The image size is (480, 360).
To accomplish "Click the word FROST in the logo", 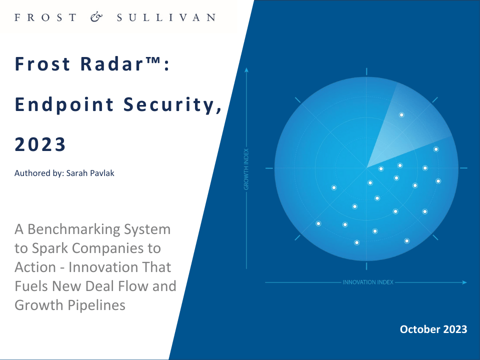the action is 45,17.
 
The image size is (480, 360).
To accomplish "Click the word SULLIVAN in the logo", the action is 166,17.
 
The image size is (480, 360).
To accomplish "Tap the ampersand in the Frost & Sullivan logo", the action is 96,17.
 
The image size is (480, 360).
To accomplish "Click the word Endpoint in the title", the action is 64,105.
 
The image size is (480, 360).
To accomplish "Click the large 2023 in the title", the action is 40,144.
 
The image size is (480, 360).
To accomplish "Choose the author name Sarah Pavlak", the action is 90,173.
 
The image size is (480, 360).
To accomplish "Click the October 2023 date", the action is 433,329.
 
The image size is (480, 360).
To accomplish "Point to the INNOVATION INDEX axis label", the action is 367,282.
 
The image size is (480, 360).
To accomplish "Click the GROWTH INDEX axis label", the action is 246,169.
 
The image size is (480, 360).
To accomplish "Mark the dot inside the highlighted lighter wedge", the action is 401,115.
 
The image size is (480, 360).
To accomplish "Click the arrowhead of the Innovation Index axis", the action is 464,282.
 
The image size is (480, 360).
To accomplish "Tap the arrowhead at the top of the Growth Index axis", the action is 246,70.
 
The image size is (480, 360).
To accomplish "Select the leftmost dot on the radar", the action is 318,224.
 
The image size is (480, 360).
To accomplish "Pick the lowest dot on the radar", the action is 356,243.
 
